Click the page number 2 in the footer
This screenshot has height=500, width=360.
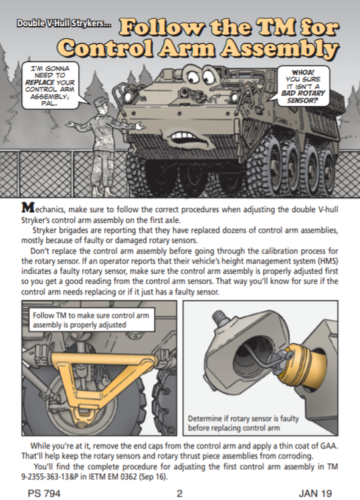click(179, 493)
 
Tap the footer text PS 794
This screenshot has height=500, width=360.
click(44, 493)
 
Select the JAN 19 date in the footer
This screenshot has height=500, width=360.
click(315, 493)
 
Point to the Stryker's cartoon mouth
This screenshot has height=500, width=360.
click(189, 137)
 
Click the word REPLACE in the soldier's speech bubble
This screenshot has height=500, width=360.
click(39, 82)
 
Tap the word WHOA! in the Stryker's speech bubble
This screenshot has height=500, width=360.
click(303, 73)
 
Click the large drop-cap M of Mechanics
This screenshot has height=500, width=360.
click(27, 207)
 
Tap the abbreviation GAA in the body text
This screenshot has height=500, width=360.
click(329, 446)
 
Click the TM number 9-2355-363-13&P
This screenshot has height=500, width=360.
click(48, 477)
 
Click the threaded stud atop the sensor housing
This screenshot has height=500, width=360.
click(219, 317)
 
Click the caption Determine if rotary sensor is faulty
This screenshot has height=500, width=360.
click(244, 418)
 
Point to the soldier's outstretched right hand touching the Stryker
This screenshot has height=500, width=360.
click(140, 126)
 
